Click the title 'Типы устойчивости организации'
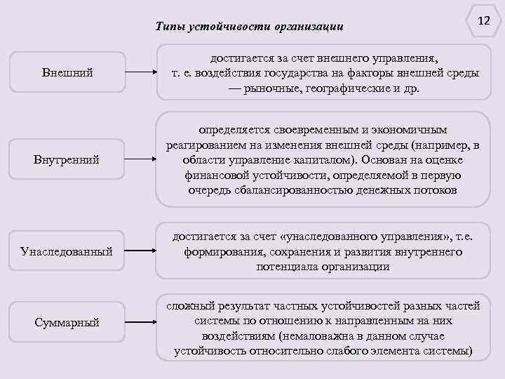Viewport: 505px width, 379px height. pos(250,27)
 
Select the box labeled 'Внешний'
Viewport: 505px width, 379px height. pos(67,72)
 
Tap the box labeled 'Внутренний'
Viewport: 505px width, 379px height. pos(67,160)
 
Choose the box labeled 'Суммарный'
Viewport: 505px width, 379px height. pos(67,322)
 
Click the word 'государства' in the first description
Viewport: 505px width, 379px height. pos(299,74)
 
